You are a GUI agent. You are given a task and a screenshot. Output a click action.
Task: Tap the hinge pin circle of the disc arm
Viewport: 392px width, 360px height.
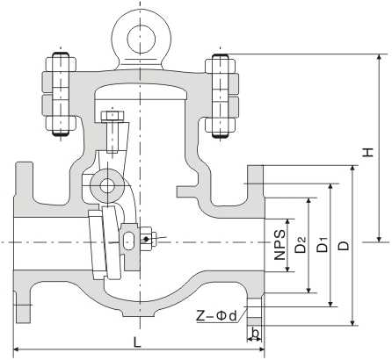pyautogui.click(x=106, y=186)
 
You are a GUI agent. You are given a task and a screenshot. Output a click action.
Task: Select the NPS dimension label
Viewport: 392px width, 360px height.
pyautogui.click(x=278, y=245)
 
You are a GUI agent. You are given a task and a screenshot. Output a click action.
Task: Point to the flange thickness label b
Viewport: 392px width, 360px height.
pyautogui.click(x=255, y=333)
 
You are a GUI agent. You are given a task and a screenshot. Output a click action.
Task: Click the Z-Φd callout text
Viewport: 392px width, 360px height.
pyautogui.click(x=216, y=313)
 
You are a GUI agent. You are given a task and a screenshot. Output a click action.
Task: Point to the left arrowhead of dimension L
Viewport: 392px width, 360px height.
pyautogui.click(x=17, y=349)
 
